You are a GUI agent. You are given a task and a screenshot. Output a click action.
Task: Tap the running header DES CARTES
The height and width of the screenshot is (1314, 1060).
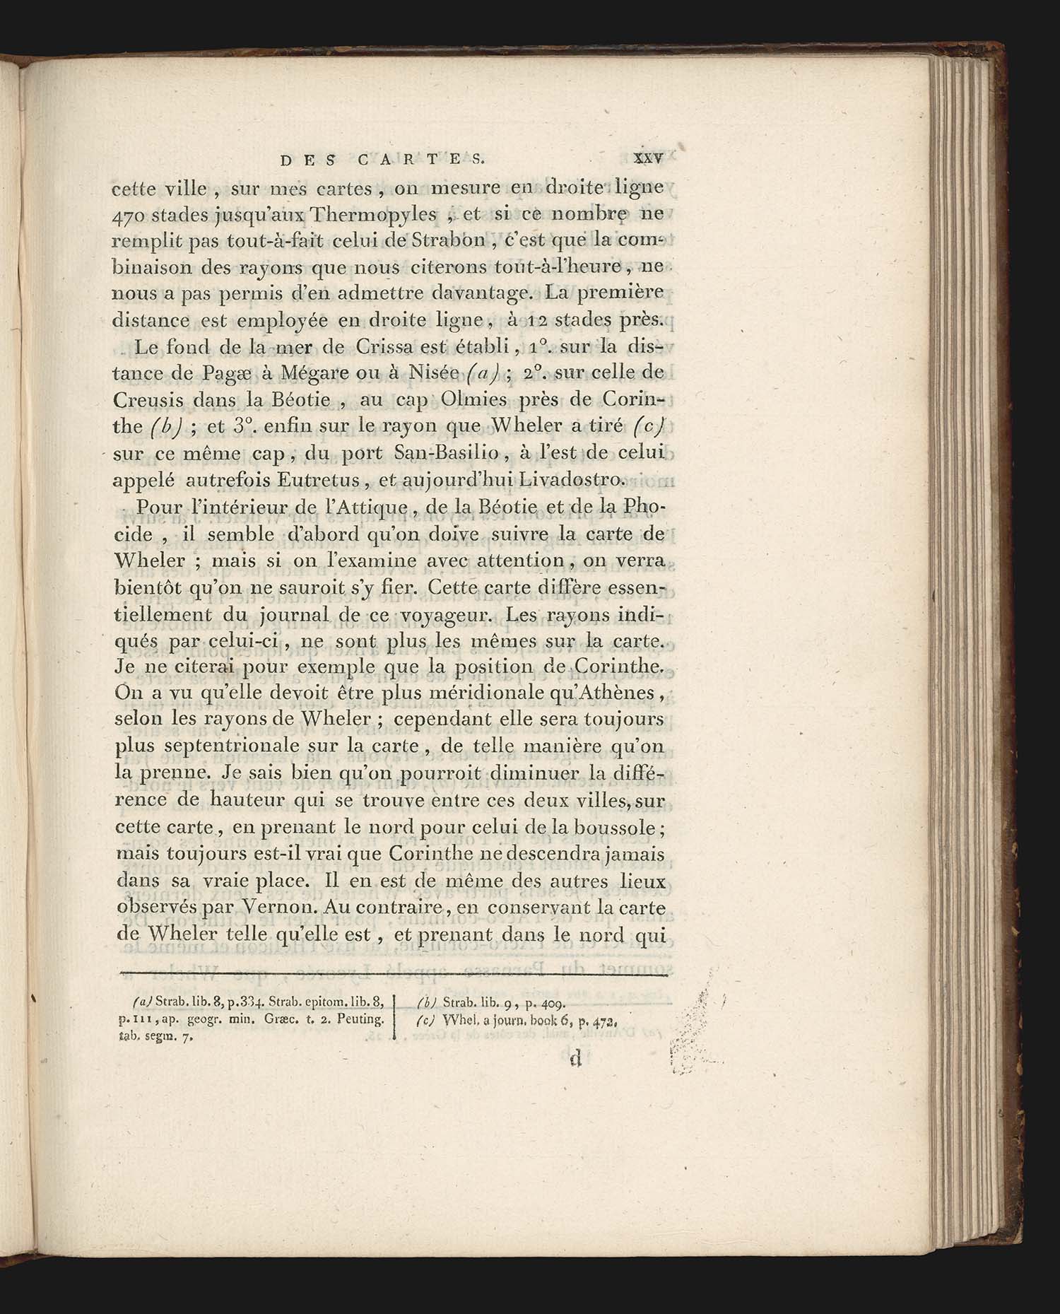tap(382, 159)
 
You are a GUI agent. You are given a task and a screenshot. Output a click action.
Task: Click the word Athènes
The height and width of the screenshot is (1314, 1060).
tap(620, 693)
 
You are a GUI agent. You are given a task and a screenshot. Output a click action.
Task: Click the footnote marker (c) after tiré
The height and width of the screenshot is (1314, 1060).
tap(649, 426)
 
